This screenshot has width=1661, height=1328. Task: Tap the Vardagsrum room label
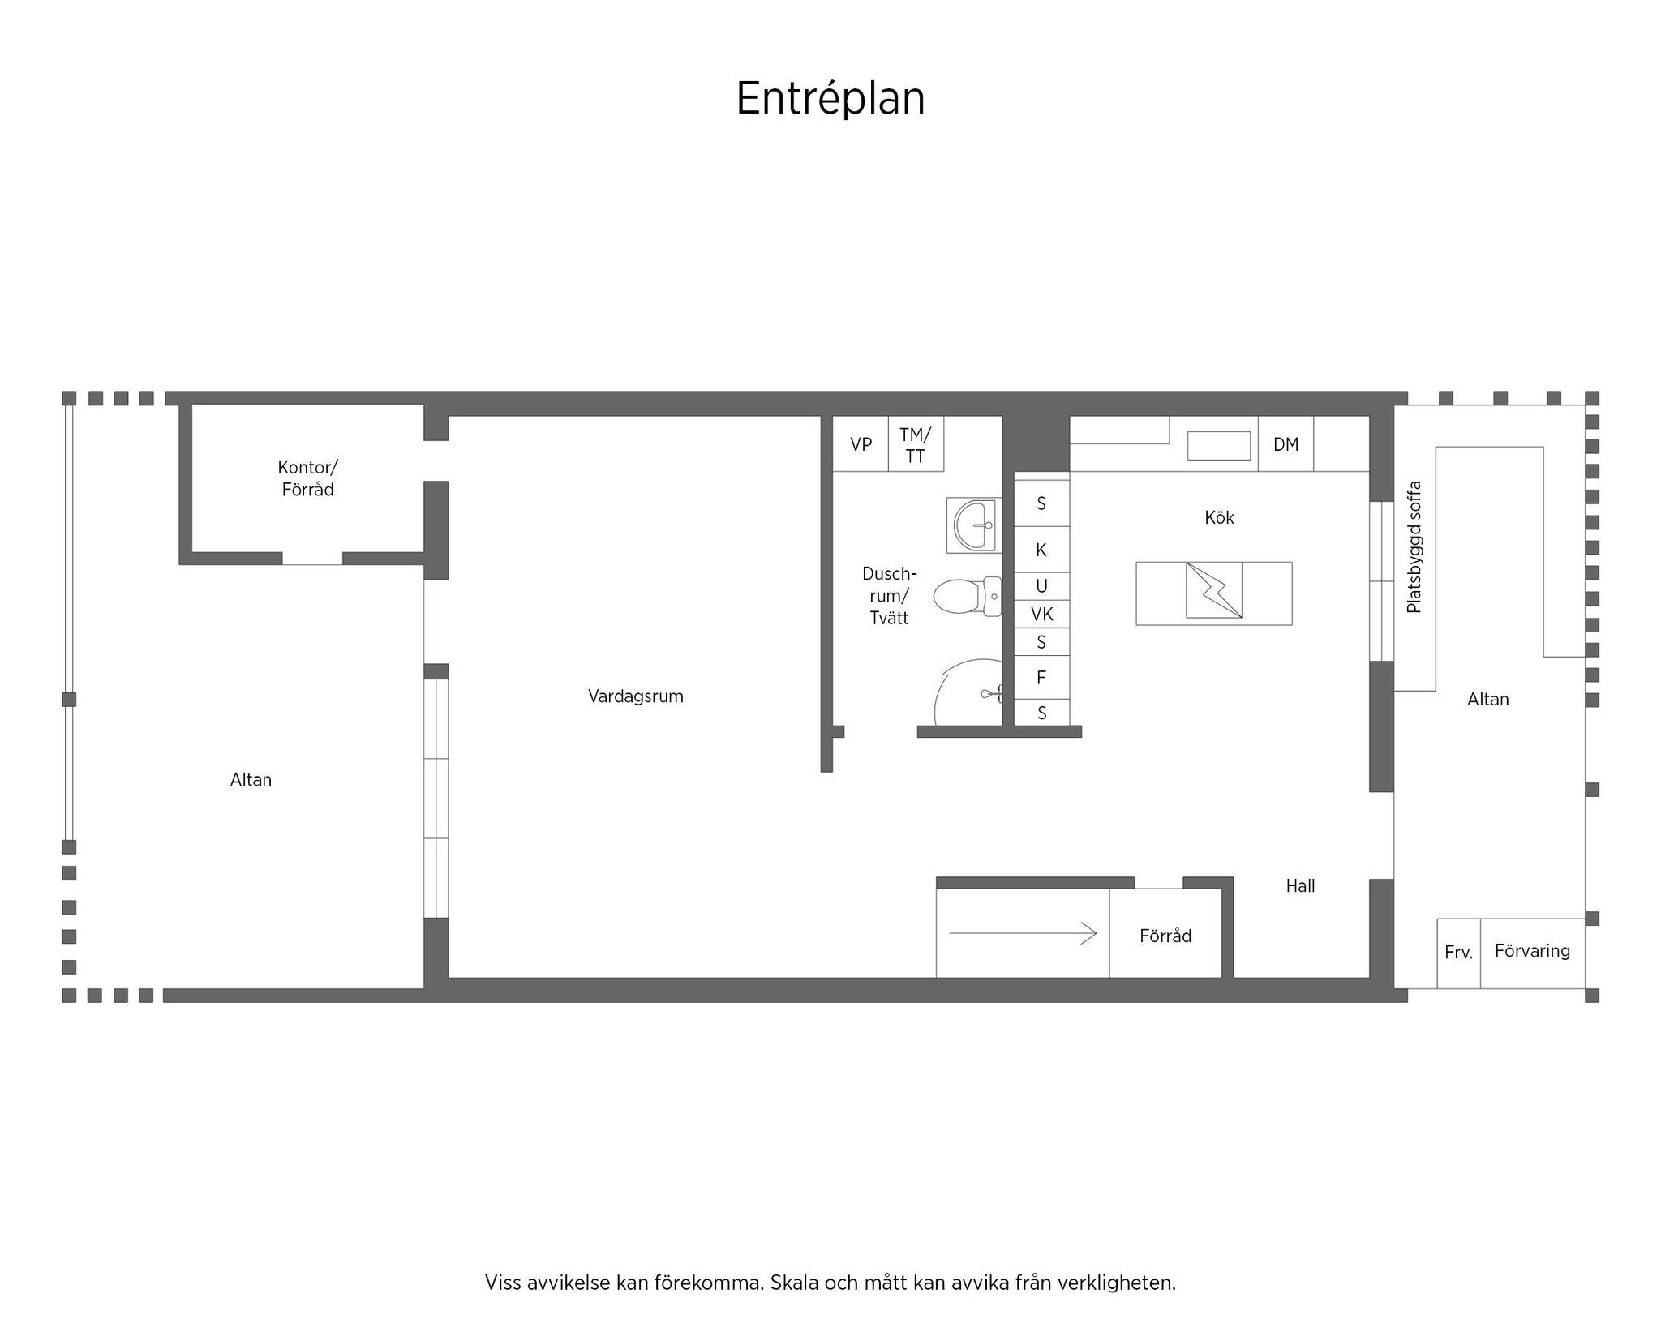[636, 696]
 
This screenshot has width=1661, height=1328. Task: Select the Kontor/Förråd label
[307, 478]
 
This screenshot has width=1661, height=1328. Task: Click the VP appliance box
[861, 443]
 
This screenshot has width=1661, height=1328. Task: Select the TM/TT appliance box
[916, 443]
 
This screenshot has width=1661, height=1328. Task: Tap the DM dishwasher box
[1285, 443]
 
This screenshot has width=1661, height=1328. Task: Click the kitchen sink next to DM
[1219, 446]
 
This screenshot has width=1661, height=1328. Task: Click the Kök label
[1219, 518]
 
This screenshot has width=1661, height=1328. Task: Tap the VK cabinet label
[1042, 615]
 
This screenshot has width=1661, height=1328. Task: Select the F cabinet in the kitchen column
[1042, 677]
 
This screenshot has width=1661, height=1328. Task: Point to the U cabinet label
[1042, 586]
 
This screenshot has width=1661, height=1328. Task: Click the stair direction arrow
[1023, 934]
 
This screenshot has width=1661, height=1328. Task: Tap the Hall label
[1300, 886]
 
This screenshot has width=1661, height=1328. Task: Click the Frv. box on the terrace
[1458, 953]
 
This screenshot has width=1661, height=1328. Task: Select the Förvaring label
[1532, 951]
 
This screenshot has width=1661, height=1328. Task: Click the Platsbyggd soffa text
[1414, 547]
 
